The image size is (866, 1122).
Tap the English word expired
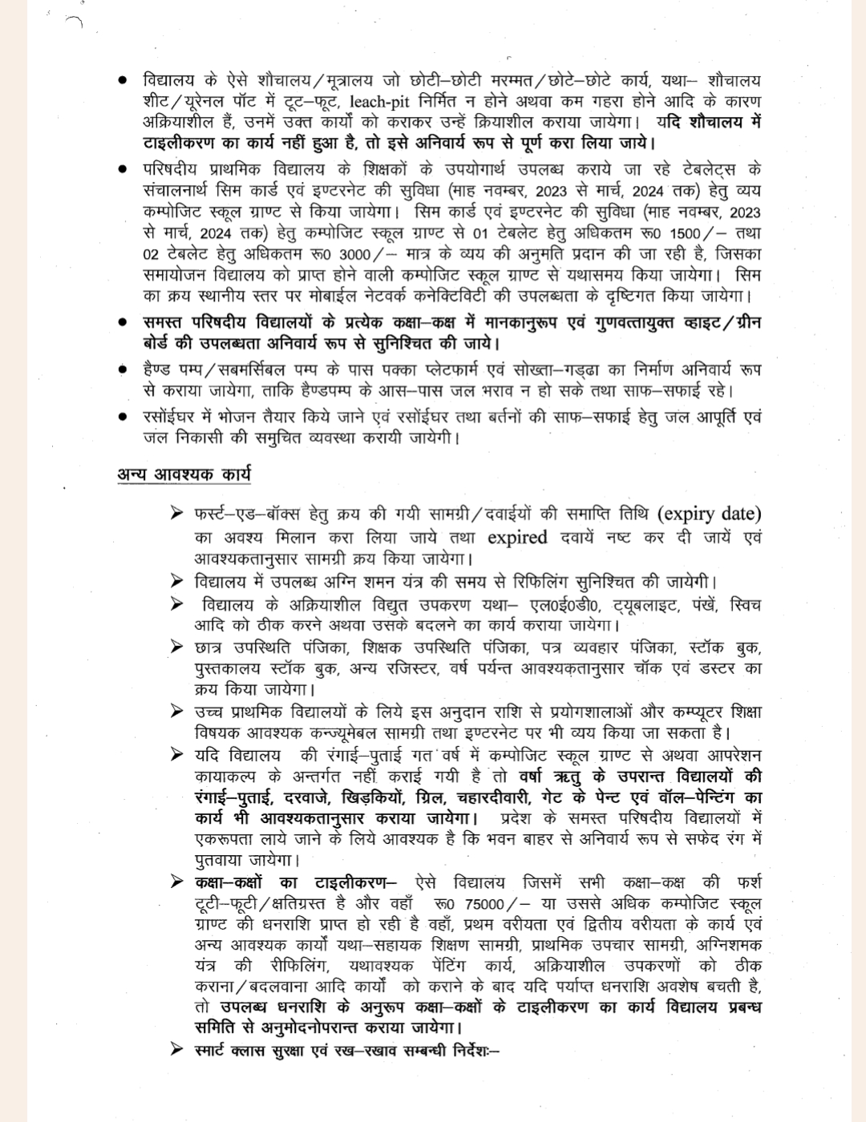(x=517, y=537)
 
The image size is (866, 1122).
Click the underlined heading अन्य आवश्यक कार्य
(x=184, y=474)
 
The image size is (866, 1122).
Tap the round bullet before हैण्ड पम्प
(x=123, y=371)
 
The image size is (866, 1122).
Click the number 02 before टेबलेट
(x=152, y=254)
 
